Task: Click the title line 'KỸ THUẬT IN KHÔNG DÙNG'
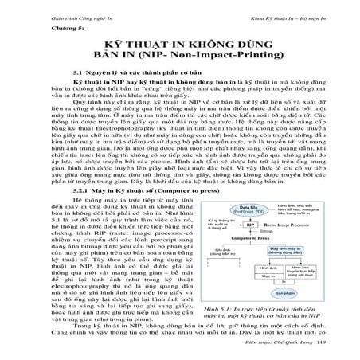(x=181, y=46)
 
